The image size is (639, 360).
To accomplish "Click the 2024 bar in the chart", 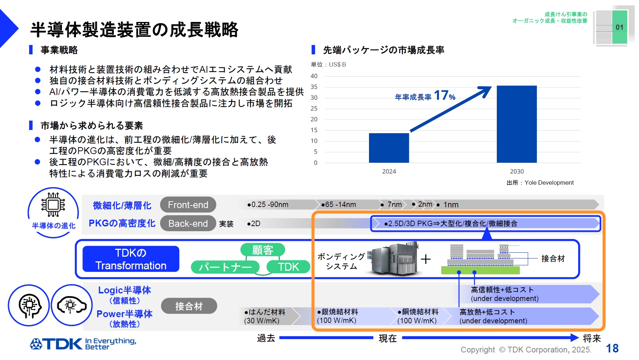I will pyautogui.click(x=389, y=148).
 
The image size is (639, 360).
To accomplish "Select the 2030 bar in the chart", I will pyautogui.click(x=517, y=124).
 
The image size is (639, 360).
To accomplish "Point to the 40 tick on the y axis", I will pyautogui.click(x=314, y=76).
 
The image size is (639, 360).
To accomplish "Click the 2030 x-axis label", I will pyautogui.click(x=517, y=172).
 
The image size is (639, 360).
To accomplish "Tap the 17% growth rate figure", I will pyautogui.click(x=445, y=95).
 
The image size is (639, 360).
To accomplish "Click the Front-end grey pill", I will pyautogui.click(x=188, y=205).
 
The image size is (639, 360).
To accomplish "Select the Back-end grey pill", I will pyautogui.click(x=188, y=224).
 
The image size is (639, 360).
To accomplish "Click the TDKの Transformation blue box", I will pyautogui.click(x=131, y=259).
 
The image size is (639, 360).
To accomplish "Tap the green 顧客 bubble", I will pyautogui.click(x=262, y=250).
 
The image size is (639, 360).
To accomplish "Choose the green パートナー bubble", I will pyautogui.click(x=225, y=267).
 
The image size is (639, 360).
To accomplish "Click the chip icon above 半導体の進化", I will pyautogui.click(x=53, y=204).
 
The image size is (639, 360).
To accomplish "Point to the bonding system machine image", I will pyautogui.click(x=395, y=259).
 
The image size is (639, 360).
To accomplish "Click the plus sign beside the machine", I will pyautogui.click(x=426, y=259).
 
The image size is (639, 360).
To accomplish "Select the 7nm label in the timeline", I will pyautogui.click(x=394, y=205).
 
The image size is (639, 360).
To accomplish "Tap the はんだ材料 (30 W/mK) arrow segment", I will pyautogui.click(x=268, y=316).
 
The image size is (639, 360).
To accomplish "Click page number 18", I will pyautogui.click(x=612, y=348).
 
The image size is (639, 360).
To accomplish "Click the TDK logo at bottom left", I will pyautogui.click(x=57, y=344).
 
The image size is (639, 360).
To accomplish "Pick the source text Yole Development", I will pyautogui.click(x=549, y=183).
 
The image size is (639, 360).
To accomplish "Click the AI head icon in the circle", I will pyautogui.click(x=29, y=306).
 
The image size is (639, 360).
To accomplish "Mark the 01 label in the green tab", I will pyautogui.click(x=619, y=27).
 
